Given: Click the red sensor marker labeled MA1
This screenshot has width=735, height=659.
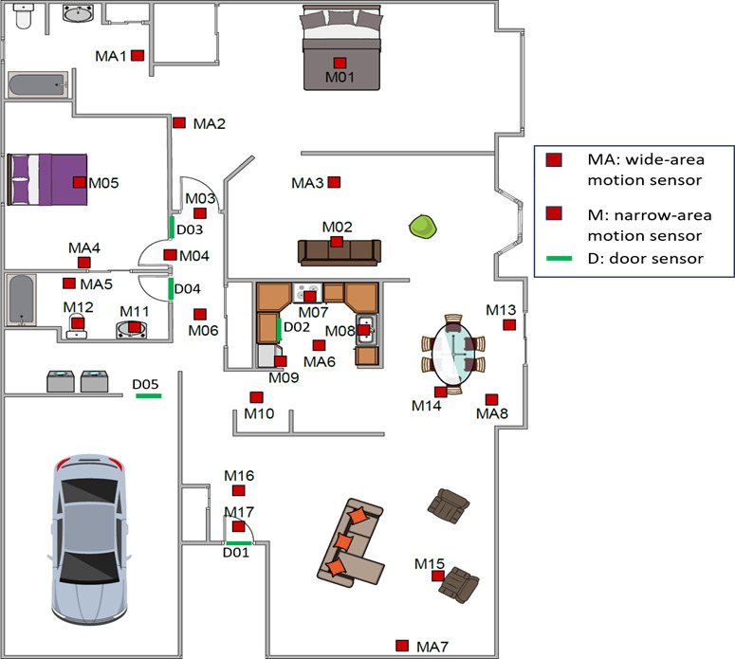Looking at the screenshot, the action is [x=138, y=55].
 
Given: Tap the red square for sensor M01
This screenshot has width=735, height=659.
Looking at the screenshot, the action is [x=340, y=63].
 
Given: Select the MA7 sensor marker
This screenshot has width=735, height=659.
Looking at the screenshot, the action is [x=402, y=646].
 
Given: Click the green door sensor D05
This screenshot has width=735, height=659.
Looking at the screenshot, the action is [x=149, y=396].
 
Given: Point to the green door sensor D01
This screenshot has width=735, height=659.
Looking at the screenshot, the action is [x=239, y=543].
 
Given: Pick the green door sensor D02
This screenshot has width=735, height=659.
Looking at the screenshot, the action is [x=279, y=329].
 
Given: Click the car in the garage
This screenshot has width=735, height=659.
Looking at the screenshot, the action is [x=88, y=539].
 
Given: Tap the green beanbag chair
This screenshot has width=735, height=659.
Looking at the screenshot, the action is [x=423, y=227].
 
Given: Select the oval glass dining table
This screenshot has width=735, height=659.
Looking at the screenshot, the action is [x=453, y=354].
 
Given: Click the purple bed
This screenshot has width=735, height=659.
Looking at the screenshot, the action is [x=47, y=179].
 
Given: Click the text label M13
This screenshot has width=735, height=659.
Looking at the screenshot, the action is [x=501, y=310].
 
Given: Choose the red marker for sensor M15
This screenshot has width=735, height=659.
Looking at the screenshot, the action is [x=438, y=576].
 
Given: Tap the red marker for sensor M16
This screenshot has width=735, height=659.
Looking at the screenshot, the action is [x=239, y=490].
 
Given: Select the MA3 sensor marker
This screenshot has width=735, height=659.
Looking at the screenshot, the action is [x=334, y=182].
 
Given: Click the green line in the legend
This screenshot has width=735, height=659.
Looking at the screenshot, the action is [x=560, y=258].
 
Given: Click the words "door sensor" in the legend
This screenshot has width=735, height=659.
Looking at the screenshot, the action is [x=656, y=258].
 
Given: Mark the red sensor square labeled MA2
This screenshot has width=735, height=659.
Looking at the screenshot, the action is [x=179, y=123].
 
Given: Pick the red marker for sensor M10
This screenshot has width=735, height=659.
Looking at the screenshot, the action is [x=256, y=397].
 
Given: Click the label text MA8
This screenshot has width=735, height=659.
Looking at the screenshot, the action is [x=491, y=413].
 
